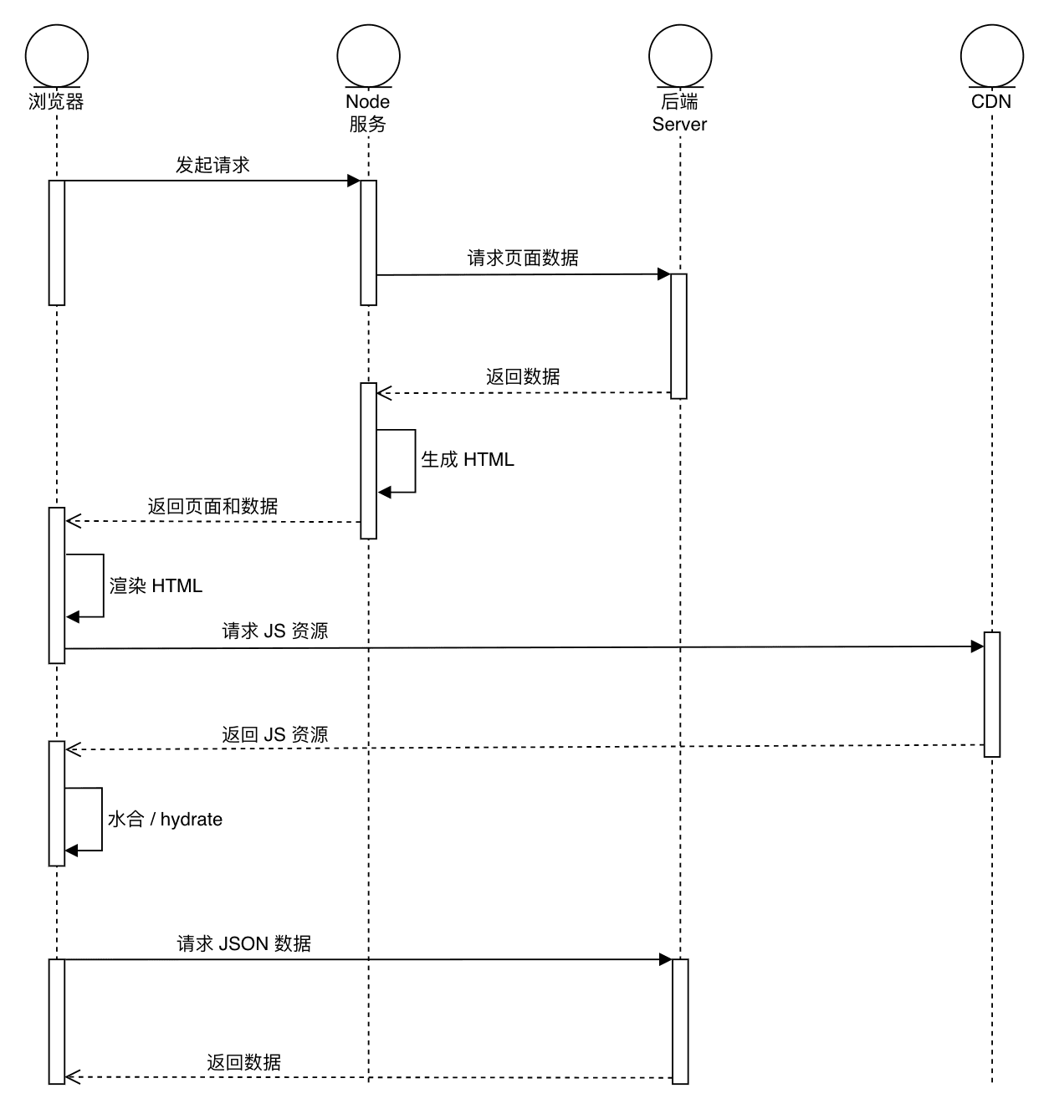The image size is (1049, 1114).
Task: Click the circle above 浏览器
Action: tap(57, 55)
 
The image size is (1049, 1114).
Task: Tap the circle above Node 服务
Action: tap(368, 55)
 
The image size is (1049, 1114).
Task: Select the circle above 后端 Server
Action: tap(679, 55)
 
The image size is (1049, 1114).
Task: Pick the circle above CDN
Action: tap(991, 55)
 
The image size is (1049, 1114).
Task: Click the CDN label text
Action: tap(991, 102)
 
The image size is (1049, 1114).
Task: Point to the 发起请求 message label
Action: tap(212, 165)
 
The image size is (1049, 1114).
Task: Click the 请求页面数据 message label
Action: tap(523, 258)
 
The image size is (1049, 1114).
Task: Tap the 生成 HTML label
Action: tap(468, 459)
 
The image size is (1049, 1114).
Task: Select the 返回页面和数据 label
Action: tap(212, 506)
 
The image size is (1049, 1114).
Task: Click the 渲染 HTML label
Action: tap(156, 585)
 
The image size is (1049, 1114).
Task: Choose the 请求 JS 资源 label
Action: tap(275, 631)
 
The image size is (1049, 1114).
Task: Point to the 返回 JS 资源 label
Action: tap(275, 734)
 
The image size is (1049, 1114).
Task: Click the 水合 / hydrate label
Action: tap(165, 819)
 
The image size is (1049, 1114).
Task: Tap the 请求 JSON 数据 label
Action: tap(244, 943)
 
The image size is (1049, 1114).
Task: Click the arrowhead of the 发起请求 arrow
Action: tap(354, 181)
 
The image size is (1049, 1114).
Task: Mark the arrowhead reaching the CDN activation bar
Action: tap(977, 646)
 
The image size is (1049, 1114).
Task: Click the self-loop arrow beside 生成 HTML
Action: tap(414, 461)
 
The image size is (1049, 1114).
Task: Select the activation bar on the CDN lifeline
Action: tap(992, 694)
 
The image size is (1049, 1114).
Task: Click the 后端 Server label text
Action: tap(679, 113)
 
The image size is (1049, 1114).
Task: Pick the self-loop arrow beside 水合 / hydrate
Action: tap(101, 820)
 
